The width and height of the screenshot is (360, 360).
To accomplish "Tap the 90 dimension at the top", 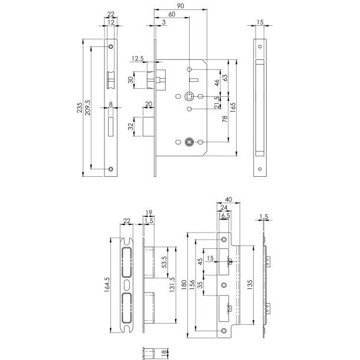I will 181,5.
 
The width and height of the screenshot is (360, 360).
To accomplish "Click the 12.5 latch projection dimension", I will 138,59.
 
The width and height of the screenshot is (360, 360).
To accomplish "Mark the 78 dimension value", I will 224,119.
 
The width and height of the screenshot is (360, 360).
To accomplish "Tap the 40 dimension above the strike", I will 228,200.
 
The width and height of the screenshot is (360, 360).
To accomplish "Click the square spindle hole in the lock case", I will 190,96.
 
